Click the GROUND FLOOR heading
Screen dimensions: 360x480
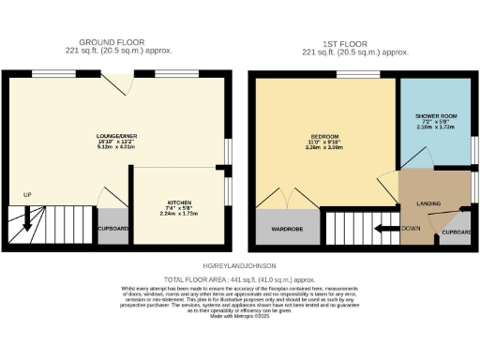tap(111, 43)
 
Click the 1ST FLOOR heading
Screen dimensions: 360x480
tap(356, 43)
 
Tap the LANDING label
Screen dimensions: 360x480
tap(429, 203)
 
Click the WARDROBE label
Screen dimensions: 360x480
tap(287, 229)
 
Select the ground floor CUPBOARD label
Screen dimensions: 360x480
tap(113, 226)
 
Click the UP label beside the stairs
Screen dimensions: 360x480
tap(27, 196)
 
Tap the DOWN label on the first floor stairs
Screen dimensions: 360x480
tap(411, 228)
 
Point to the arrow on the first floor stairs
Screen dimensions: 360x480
tap(382, 227)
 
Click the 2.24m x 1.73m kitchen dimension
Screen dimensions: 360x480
tap(180, 214)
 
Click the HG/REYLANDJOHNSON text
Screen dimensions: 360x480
tap(239, 267)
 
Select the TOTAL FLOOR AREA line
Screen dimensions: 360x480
tap(239, 279)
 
